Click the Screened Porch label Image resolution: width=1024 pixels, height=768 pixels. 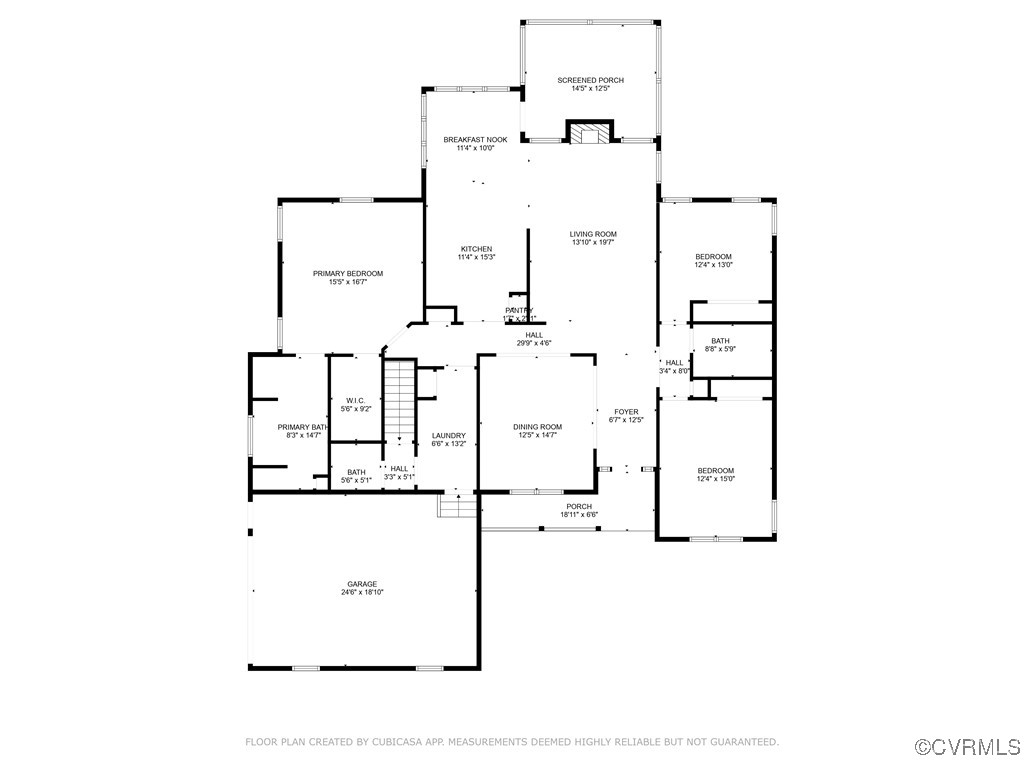pos(590,80)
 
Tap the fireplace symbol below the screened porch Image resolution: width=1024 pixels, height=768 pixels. pos(589,134)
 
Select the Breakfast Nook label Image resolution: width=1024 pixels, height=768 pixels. pos(475,140)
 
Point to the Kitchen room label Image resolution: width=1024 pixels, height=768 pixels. pos(475,249)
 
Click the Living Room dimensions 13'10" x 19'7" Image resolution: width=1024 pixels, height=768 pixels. pos(593,242)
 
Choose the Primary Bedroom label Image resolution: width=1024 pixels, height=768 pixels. pos(347,273)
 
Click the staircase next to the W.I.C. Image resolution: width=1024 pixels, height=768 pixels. pos(400,400)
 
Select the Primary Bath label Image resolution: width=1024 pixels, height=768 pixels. pos(302,427)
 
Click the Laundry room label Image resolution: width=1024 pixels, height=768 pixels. pos(448,435)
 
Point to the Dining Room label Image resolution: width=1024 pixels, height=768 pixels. pos(537,427)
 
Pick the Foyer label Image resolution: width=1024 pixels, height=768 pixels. pos(626,412)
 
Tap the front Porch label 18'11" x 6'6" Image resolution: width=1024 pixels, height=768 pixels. pos(579,506)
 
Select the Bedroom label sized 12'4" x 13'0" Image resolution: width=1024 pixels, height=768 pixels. pos(713,257)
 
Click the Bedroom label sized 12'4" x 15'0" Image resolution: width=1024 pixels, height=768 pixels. pos(715,471)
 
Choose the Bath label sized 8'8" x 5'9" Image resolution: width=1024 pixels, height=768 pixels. pos(721,341)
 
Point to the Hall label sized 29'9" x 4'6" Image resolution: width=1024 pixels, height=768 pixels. pos(534,335)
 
